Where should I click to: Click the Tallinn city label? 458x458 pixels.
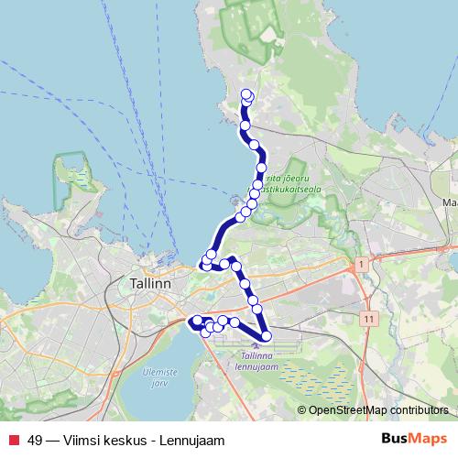pyautogui.click(x=151, y=284)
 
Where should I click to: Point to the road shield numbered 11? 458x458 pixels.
pyautogui.click(x=368, y=318)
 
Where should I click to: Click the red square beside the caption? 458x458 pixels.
pyautogui.click(x=13, y=441)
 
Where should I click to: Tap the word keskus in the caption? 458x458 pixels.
pyautogui.click(x=129, y=441)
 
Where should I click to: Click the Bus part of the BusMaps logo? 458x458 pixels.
pyautogui.click(x=395, y=439)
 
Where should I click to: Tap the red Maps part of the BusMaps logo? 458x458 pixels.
pyautogui.click(x=429, y=439)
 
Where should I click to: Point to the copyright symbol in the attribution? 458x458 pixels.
pyautogui.click(x=302, y=410)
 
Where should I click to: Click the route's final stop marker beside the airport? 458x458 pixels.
pyautogui.click(x=266, y=337)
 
